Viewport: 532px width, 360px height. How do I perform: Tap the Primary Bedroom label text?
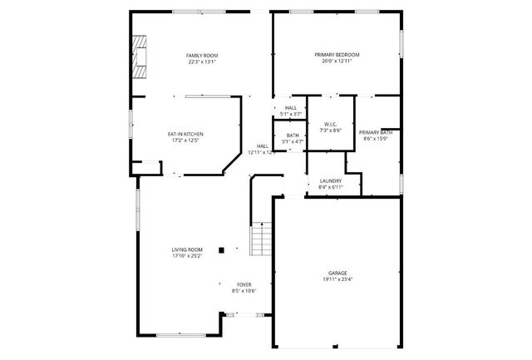337,55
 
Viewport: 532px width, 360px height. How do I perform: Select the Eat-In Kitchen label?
185,134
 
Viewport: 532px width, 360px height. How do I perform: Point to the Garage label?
337,273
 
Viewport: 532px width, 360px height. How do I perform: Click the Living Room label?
187,249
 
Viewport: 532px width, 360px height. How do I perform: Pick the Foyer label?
244,284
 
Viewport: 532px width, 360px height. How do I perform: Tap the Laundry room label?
330,181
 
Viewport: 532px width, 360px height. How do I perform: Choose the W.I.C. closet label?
331,124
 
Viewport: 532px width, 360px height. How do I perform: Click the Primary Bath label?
376,132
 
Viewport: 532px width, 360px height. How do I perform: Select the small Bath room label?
293,136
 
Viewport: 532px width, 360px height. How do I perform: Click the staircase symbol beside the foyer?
261,239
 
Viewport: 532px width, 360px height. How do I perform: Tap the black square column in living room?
221,249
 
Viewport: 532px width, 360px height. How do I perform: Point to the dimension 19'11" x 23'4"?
337,279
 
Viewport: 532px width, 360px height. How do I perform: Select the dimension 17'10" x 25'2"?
187,256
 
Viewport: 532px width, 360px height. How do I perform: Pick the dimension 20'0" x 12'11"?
337,62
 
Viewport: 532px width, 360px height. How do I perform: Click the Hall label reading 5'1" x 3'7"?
290,114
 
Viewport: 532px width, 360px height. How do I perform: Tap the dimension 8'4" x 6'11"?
330,188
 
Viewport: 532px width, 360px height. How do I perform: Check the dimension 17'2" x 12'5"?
185,141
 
